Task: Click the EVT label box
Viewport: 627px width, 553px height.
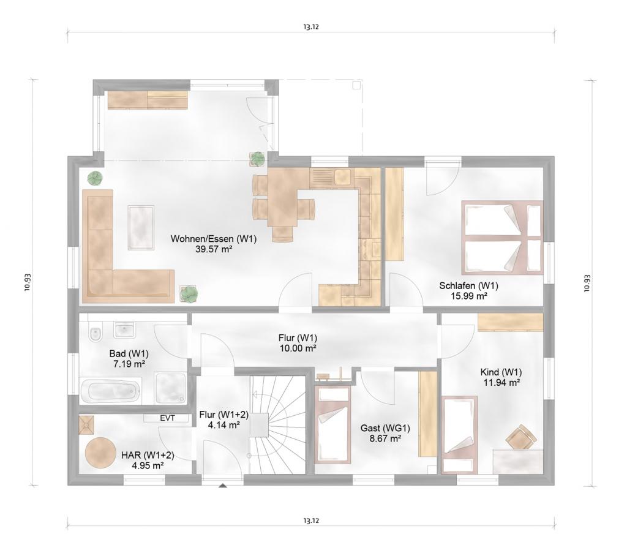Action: tap(167, 418)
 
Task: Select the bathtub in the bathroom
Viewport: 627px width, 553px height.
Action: tap(111, 391)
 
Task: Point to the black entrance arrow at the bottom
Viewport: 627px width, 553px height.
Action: tap(223, 486)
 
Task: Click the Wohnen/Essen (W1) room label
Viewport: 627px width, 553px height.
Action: tap(214, 239)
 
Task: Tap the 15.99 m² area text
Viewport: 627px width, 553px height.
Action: tap(468, 296)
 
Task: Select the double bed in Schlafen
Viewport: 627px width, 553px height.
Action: tap(503, 238)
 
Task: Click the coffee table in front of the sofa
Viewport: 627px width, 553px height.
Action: tap(141, 228)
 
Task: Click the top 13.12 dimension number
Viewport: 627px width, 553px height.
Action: tap(310, 27)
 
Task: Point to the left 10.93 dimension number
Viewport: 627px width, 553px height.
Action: tap(27, 283)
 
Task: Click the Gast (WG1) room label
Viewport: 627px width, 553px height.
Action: tap(386, 428)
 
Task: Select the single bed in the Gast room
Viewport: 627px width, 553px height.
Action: tap(331, 424)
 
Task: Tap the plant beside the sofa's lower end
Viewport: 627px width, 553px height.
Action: tap(189, 294)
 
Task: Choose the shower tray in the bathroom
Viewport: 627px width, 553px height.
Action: tap(171, 388)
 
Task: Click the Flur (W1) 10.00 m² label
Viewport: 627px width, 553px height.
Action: tap(298, 343)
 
